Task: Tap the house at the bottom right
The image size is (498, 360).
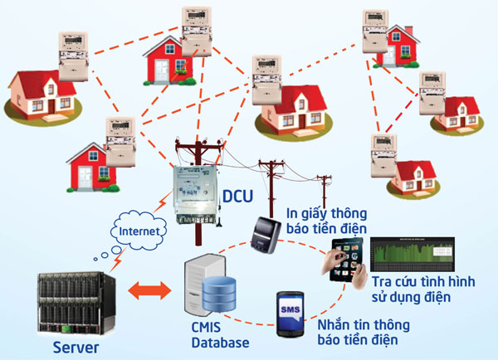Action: point(415,175)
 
